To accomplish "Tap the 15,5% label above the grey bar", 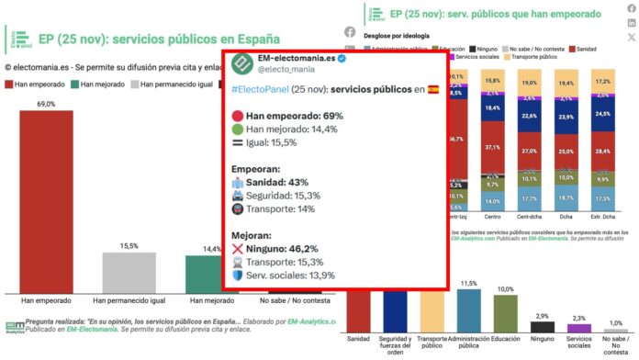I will pos(129,246).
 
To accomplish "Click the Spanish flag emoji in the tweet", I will pos(433,90).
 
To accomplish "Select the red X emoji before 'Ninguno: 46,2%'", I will pos(238,248).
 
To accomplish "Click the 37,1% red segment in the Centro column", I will pos(493,147).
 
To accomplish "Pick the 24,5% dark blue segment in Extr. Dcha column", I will pos(603,114).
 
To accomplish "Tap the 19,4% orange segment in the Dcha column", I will pos(566,83).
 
